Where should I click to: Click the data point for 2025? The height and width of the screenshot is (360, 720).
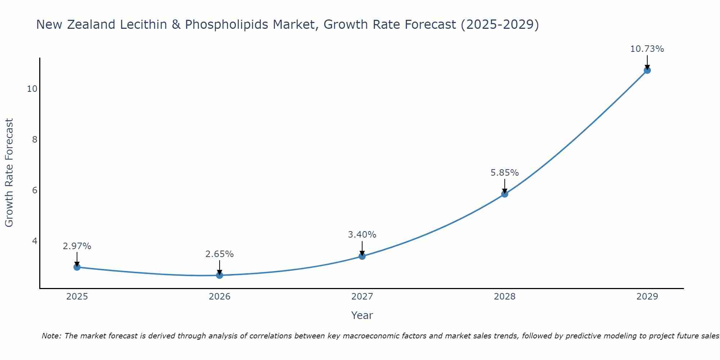tap(77, 267)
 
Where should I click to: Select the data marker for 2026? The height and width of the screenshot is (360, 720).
tap(220, 275)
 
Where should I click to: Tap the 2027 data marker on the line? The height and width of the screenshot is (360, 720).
tap(362, 256)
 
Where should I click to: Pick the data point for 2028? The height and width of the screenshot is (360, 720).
tap(505, 194)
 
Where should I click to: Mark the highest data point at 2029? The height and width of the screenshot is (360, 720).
tap(647, 70)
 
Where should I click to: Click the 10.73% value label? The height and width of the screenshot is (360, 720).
tap(647, 49)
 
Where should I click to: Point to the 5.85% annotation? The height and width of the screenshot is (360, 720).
tap(505, 173)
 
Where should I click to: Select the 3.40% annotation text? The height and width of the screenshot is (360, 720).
tap(362, 235)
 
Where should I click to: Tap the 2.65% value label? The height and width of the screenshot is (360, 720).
tap(220, 254)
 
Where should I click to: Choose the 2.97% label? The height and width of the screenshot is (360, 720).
tap(77, 246)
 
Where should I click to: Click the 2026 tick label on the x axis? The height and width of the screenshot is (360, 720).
tap(220, 297)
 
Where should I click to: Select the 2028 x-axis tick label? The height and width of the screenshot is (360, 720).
tap(505, 297)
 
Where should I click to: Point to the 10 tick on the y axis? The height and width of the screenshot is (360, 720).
tap(32, 89)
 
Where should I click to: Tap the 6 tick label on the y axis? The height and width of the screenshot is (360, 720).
tap(35, 190)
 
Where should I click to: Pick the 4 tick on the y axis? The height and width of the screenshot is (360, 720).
tap(35, 241)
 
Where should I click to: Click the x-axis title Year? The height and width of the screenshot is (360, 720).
tap(362, 315)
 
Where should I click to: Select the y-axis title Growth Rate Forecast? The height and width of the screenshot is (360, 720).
tap(9, 173)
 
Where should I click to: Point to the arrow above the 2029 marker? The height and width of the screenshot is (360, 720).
tap(647, 62)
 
